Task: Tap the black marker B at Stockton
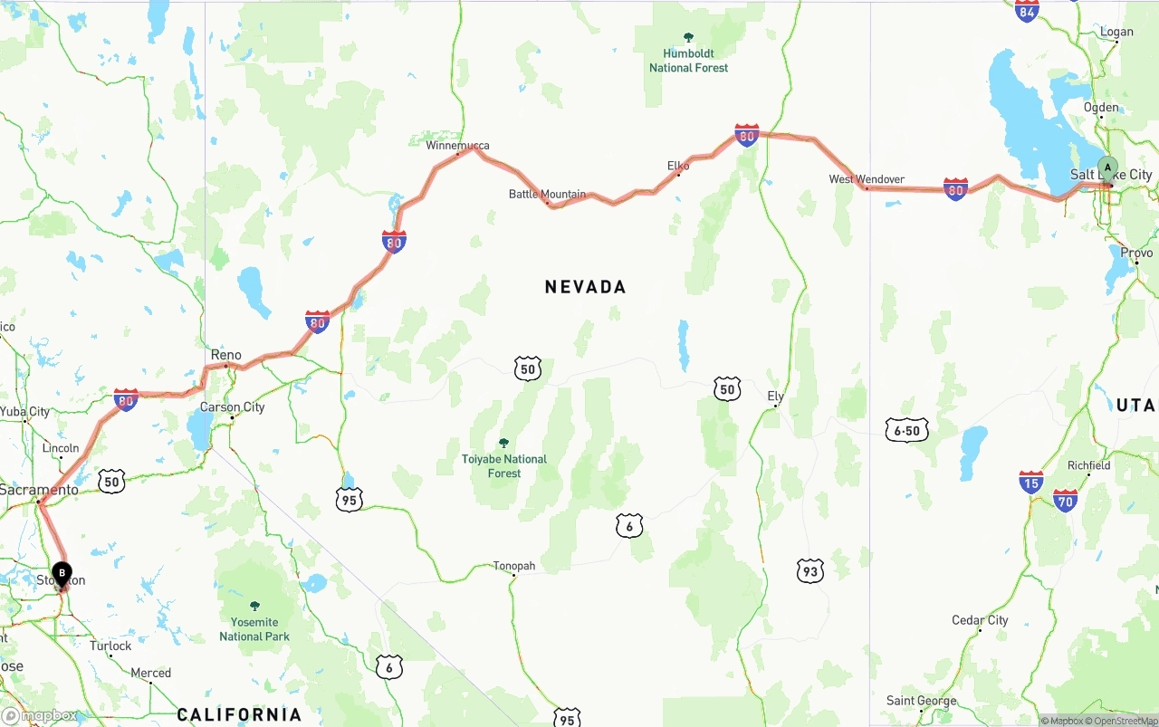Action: [x=62, y=574]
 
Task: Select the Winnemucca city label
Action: [x=457, y=145]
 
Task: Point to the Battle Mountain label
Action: [x=547, y=194]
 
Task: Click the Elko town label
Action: [x=678, y=166]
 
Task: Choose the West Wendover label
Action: [x=867, y=179]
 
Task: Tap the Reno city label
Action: [x=225, y=355]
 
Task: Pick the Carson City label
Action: [x=233, y=407]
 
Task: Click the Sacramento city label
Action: [x=39, y=490]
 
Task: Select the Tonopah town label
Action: [x=514, y=566]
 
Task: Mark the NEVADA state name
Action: [x=586, y=287]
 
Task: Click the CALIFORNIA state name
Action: [x=239, y=714]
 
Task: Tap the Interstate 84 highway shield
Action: [x=1027, y=11]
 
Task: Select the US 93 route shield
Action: [x=810, y=571]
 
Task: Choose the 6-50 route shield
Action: [x=906, y=431]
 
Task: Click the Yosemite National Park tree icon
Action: [x=254, y=606]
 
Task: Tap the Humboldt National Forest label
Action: [x=688, y=61]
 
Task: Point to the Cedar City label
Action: [x=980, y=620]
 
